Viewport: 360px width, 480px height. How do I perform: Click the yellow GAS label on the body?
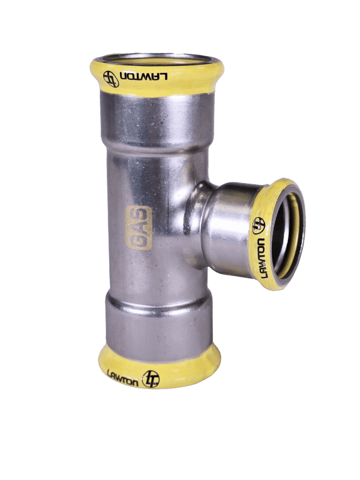(x=139, y=228)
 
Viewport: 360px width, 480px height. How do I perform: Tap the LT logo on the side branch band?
(x=258, y=225)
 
